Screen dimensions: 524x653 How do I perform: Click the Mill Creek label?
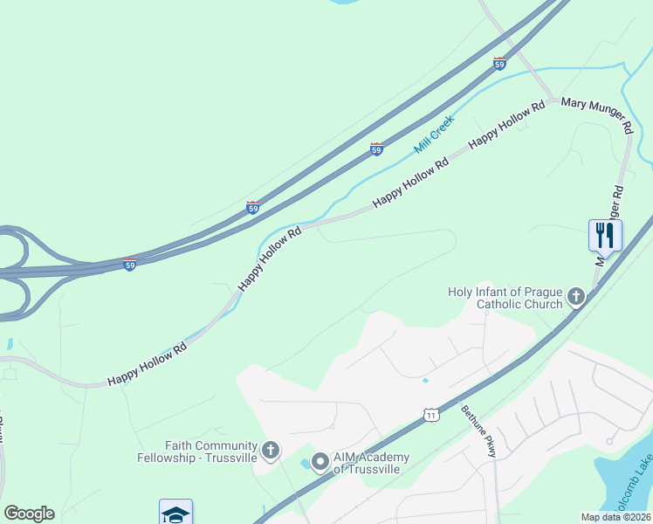(435, 135)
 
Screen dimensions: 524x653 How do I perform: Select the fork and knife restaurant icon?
(605, 234)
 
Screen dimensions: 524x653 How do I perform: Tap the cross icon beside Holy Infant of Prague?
(575, 298)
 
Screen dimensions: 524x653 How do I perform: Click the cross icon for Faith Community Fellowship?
(271, 451)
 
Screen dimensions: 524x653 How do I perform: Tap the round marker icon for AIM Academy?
(320, 461)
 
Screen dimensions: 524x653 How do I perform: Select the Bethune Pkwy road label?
(478, 430)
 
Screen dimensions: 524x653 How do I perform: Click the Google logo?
(29, 514)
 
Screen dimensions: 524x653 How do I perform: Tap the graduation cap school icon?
(175, 514)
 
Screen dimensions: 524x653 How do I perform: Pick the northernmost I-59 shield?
(499, 63)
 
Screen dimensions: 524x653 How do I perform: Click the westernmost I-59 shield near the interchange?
(129, 264)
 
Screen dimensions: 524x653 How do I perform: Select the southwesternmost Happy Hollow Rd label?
(147, 365)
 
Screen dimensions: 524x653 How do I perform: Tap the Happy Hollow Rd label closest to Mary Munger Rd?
(506, 123)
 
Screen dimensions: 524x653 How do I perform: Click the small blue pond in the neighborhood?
(425, 380)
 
